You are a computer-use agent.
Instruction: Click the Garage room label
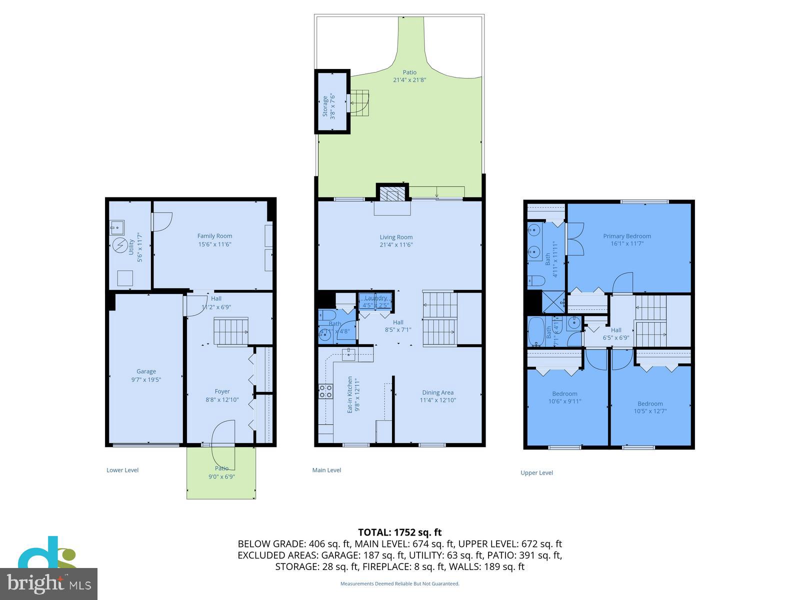point(146,371)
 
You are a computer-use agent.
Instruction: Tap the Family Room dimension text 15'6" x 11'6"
point(214,244)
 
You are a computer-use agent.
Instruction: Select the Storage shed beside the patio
point(331,102)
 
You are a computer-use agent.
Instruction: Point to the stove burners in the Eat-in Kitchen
point(325,391)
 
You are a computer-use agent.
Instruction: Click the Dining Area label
point(437,392)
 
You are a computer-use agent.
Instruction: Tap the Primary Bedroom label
point(626,236)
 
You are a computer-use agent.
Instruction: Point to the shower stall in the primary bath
point(553,301)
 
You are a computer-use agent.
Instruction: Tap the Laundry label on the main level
point(375,298)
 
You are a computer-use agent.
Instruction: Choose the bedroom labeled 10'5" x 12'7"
point(650,407)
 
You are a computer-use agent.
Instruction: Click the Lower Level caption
point(122,470)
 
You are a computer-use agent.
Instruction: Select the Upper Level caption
point(536,472)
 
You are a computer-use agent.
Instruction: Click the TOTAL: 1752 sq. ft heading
point(399,532)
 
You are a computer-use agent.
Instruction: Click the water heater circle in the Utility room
point(120,245)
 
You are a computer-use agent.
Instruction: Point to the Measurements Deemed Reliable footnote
point(399,583)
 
